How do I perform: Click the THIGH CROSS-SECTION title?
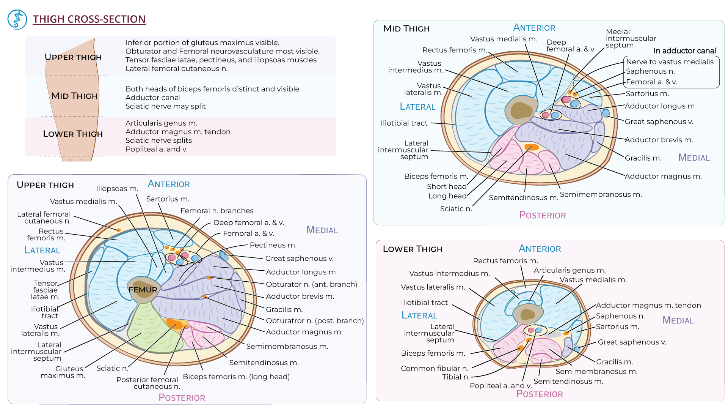pyautogui.click(x=89, y=19)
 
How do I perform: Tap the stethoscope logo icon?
pyautogui.click(x=17, y=20)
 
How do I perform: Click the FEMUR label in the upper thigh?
pyautogui.click(x=143, y=290)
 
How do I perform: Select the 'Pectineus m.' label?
pyautogui.click(x=273, y=245)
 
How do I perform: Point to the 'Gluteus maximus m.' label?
pyautogui.click(x=63, y=372)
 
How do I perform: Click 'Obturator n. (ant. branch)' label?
pyautogui.click(x=311, y=284)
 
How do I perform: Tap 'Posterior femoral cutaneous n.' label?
pyautogui.click(x=148, y=383)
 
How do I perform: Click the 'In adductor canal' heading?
pyautogui.click(x=684, y=51)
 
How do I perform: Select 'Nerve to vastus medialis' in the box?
pyautogui.click(x=670, y=62)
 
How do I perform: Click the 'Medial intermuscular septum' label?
pyautogui.click(x=631, y=38)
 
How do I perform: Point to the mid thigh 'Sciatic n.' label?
pyautogui.click(x=456, y=209)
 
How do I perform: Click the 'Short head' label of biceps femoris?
pyautogui.click(x=447, y=186)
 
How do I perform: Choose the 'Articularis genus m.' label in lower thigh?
pyautogui.click(x=570, y=270)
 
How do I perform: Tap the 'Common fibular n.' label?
pyautogui.click(x=435, y=368)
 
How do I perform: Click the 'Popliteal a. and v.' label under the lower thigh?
pyautogui.click(x=500, y=386)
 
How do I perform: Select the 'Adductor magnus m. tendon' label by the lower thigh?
pyautogui.click(x=648, y=305)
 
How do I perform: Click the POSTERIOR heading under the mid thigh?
pyautogui.click(x=542, y=215)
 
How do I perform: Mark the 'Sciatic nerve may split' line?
pyautogui.click(x=165, y=106)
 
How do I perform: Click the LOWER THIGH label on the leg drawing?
pyautogui.click(x=73, y=134)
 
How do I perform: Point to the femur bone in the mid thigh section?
pyautogui.click(x=521, y=110)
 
